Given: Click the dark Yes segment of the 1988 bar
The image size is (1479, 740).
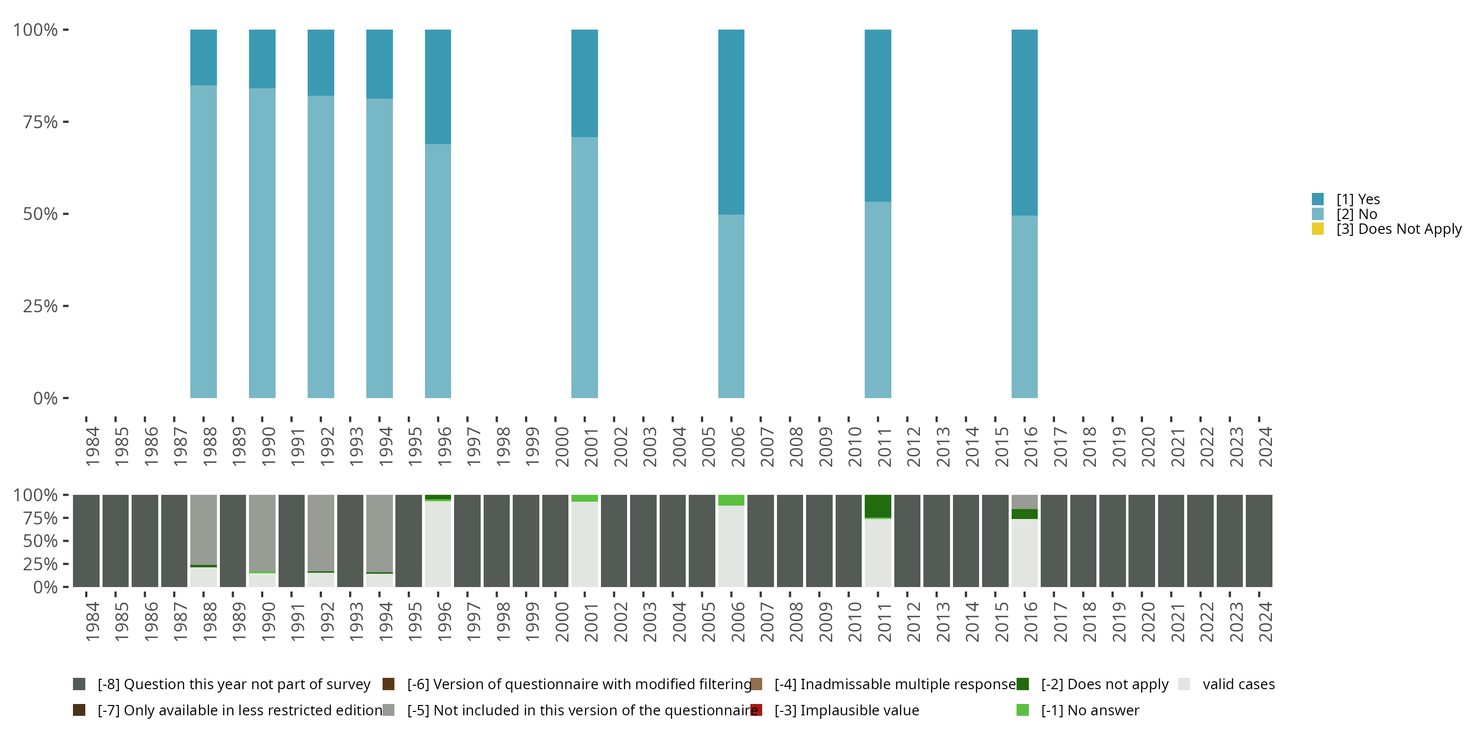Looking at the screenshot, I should pos(203,57).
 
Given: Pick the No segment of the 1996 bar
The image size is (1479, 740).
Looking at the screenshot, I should pos(437,270).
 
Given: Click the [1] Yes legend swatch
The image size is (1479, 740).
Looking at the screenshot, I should pos(1318,199).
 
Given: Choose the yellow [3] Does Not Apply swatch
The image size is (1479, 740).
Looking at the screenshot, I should pos(1318,229).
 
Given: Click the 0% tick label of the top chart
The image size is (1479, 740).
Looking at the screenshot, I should pos(45,398).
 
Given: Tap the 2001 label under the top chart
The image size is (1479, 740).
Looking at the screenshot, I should pos(591,447).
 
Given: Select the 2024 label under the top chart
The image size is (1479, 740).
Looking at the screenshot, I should pos(1265,447).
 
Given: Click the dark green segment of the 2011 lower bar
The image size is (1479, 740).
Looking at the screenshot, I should pos(878,506).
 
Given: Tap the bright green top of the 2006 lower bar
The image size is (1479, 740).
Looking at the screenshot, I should pos(731,500).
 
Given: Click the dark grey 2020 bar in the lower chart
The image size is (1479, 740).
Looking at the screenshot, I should pos(1141,541).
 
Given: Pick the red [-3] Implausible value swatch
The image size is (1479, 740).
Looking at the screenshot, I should pos(756,710).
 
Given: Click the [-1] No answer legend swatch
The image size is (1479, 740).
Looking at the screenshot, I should pos(1022,710).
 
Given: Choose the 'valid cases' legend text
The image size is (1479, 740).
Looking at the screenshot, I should pos(1238,684).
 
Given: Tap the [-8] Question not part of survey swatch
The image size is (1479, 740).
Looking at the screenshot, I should pos(79,684).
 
